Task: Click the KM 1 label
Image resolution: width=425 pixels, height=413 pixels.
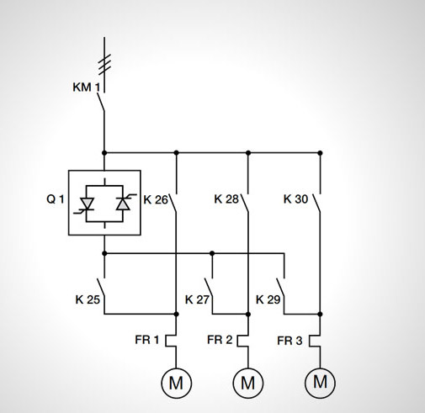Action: click(87, 87)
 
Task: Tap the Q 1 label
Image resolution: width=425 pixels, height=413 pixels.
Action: click(56, 199)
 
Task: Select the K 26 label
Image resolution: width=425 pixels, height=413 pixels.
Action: click(156, 199)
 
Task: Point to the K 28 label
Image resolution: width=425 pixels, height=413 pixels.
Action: click(226, 199)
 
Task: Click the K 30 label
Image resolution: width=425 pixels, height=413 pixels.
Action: click(296, 199)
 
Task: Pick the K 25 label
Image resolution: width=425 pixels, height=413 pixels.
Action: click(88, 299)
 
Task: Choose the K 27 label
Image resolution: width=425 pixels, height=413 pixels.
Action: click(197, 299)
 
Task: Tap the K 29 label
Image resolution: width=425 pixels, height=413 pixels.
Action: click(268, 299)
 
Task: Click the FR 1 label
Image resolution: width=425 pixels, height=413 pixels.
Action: click(147, 340)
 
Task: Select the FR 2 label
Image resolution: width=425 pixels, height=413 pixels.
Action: click(220, 340)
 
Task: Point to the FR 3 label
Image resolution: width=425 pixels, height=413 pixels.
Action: click(290, 341)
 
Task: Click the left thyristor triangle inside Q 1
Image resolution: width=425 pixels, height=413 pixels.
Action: click(87, 203)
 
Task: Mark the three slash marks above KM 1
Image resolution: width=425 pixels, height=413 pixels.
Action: click(105, 65)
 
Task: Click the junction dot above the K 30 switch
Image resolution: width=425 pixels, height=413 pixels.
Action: click(320, 153)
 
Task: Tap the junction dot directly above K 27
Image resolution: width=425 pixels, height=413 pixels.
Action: click(212, 253)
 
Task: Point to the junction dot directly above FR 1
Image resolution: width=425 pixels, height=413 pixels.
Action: click(176, 314)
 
